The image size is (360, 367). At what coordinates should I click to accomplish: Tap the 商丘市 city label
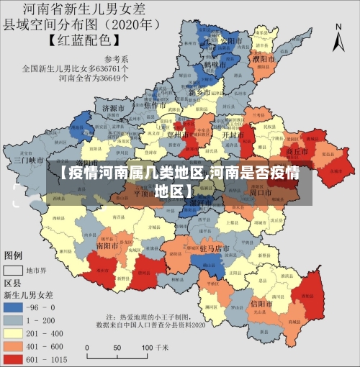click(297, 152)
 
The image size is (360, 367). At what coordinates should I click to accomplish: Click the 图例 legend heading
click(14, 255)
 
